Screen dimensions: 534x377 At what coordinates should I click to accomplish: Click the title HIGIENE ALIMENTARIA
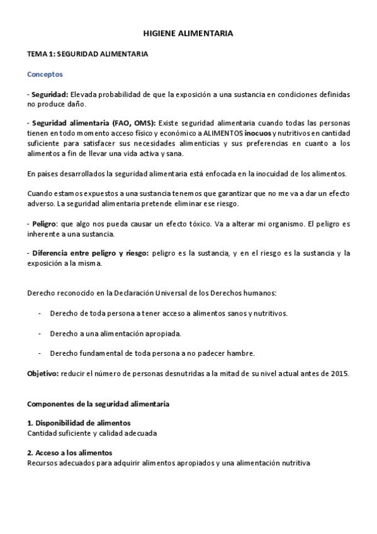(x=188, y=35)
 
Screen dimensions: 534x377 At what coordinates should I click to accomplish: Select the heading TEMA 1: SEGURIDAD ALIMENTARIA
(x=87, y=55)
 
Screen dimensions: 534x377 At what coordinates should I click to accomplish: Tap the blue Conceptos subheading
(x=45, y=74)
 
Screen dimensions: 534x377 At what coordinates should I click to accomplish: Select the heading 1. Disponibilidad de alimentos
(x=79, y=423)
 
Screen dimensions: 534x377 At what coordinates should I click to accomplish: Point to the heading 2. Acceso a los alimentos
(x=70, y=453)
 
